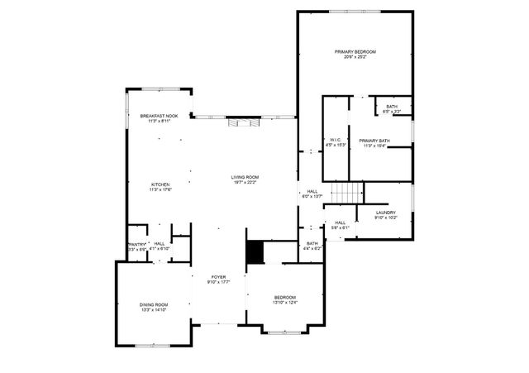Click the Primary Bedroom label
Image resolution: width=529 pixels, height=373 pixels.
pyautogui.click(x=355, y=52)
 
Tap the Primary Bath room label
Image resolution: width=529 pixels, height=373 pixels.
pyautogui.click(x=374, y=141)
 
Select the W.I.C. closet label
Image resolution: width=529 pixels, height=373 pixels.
pyautogui.click(x=336, y=140)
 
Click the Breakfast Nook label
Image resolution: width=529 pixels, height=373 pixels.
pyautogui.click(x=159, y=116)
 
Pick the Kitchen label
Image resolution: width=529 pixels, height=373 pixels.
pyautogui.click(x=160, y=184)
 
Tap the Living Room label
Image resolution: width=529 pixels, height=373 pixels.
pyautogui.click(x=245, y=177)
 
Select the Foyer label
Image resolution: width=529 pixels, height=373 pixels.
pyautogui.click(x=218, y=277)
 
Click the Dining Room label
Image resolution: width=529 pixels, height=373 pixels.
pyautogui.click(x=153, y=305)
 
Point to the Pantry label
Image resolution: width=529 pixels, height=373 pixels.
pyautogui.click(x=136, y=244)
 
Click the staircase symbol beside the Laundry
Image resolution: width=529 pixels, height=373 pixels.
pyautogui.click(x=347, y=193)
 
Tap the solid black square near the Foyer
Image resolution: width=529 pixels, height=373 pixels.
pyautogui.click(x=255, y=252)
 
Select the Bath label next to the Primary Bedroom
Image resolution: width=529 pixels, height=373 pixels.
pyautogui.click(x=391, y=106)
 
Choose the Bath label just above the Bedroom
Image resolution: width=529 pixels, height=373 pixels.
pyautogui.click(x=312, y=243)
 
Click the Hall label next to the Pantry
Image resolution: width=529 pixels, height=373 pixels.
pyautogui.click(x=159, y=243)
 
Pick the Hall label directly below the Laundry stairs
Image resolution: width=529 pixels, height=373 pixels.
pyautogui.click(x=340, y=222)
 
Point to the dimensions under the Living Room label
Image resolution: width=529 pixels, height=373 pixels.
pyautogui.click(x=245, y=183)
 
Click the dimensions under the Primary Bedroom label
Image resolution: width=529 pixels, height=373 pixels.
pyautogui.click(x=355, y=58)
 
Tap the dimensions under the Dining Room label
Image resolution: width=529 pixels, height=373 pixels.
pyautogui.click(x=153, y=310)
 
